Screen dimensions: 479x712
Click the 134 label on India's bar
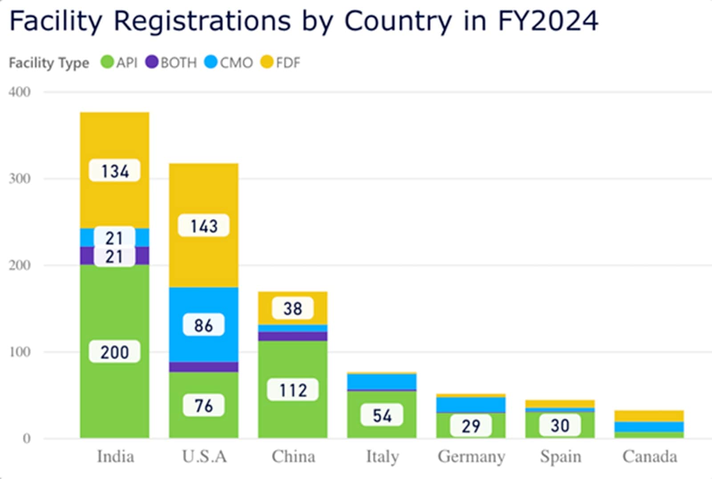coord(115,171)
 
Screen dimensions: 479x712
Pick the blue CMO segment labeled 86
coord(204,325)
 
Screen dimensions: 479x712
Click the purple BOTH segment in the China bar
coord(293,336)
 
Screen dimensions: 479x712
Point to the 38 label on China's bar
coord(293,308)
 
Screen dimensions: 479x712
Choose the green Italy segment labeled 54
coord(382,415)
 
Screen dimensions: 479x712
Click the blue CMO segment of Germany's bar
coord(471,405)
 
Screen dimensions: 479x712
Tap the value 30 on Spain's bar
coord(560,426)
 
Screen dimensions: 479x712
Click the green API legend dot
coord(107,62)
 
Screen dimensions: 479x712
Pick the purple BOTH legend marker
coord(152,62)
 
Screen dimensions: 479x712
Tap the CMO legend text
coord(236,63)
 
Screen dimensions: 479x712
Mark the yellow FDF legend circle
coord(267,62)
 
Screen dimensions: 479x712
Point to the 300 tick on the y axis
coord(20,179)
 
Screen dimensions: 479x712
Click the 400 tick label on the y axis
coord(20,92)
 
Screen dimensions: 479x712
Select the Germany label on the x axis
coord(471,457)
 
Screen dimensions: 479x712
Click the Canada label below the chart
coord(650,457)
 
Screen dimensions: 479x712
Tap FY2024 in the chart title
coord(548,21)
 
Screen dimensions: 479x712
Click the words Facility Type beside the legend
coord(49,63)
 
